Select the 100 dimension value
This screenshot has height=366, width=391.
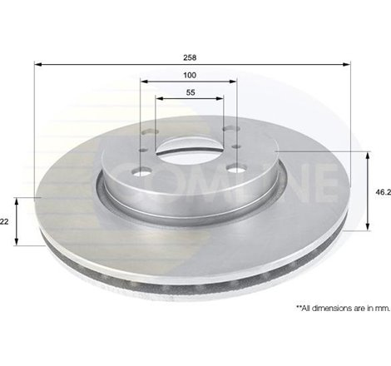point(191,76)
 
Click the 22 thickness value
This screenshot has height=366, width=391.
point(5,221)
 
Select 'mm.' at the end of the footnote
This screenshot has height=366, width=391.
point(382,309)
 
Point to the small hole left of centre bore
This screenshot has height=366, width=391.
point(146,151)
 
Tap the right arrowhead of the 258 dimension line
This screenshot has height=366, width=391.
point(344,66)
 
